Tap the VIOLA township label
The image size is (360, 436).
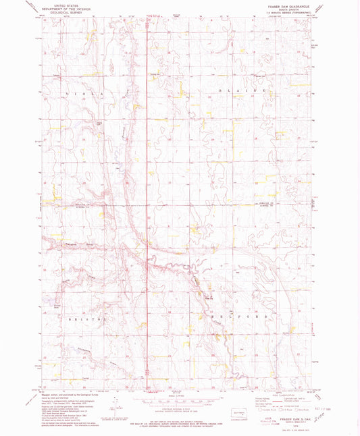86,89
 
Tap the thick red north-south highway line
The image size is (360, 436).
148,202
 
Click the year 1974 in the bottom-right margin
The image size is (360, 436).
292,426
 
